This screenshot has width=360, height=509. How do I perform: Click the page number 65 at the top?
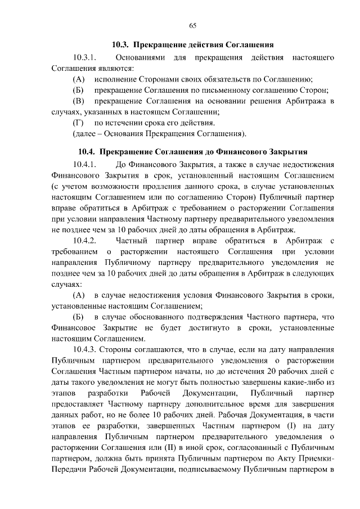click(192, 26)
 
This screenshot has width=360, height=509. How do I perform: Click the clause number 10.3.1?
click(86, 57)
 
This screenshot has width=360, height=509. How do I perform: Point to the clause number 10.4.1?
click(86, 165)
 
